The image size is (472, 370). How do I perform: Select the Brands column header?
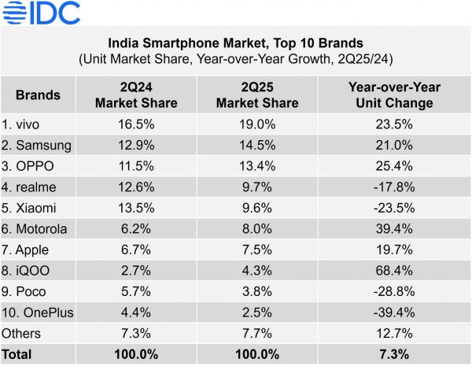pos(37,95)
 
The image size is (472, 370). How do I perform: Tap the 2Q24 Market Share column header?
pos(136,95)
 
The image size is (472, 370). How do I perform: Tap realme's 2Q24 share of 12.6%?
pos(136,187)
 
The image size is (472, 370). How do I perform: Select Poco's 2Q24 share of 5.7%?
pos(136,291)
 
